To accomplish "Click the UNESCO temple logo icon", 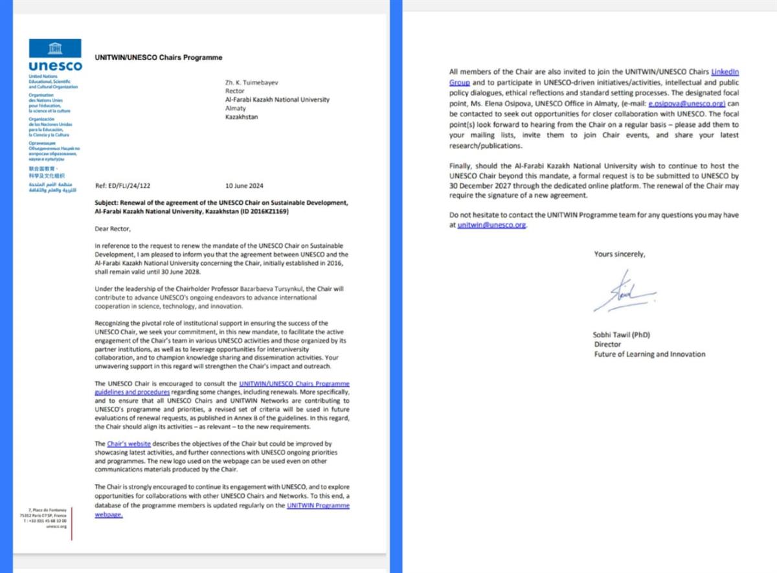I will pos(55,49).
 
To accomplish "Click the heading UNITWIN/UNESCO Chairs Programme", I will pos(158,58).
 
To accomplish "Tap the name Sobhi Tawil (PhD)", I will pos(622,335).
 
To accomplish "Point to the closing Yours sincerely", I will pos(619,254).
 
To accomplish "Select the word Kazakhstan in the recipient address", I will pos(242,117).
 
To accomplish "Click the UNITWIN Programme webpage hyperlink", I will pos(318,505).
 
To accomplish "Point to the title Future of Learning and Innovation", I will pos(649,354).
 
